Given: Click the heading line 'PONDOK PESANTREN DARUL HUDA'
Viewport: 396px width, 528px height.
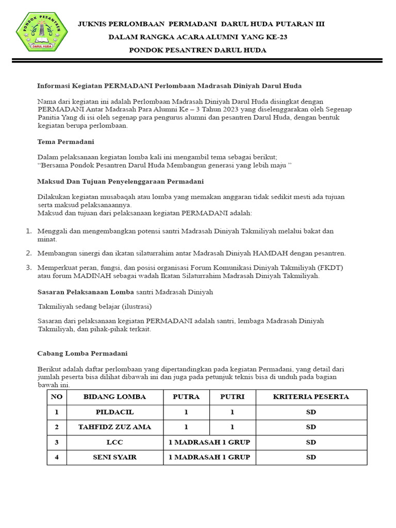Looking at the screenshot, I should (x=197, y=50).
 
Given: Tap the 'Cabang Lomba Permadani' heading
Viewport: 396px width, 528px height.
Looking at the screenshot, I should (x=82, y=354).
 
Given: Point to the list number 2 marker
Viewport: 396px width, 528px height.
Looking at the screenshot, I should (x=29, y=253).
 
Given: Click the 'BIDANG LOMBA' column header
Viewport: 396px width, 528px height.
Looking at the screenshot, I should (x=114, y=397).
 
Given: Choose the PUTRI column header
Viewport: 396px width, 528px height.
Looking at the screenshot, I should (x=232, y=397).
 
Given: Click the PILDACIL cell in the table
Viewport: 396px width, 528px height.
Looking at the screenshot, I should (x=114, y=412).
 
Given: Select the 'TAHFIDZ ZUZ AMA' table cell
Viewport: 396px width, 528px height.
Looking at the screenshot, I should (x=114, y=427).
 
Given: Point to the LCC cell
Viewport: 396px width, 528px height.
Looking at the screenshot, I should (x=114, y=442).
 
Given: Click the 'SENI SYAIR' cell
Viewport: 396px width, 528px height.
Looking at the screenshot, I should (x=114, y=457).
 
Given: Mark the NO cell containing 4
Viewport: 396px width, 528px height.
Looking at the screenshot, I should (x=57, y=457).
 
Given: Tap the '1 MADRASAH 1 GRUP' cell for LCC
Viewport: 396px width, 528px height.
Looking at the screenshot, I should (x=209, y=442).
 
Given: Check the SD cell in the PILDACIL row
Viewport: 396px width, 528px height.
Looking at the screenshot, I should (x=311, y=412).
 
